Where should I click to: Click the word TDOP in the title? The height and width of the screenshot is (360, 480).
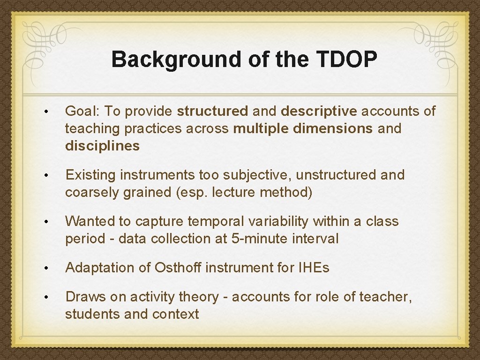(347, 60)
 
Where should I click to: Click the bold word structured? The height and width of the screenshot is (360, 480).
(212, 111)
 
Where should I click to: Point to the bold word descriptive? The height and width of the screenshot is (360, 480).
(319, 111)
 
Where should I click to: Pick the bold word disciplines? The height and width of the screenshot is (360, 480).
(102, 146)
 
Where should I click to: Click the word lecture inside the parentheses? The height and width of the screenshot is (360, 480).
(234, 192)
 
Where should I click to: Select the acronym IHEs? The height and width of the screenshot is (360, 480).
(313, 268)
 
